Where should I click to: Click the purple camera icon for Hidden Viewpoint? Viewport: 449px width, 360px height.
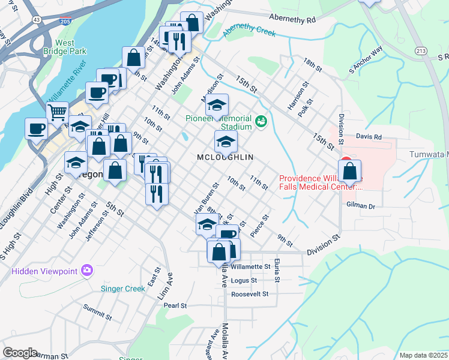point(87,271)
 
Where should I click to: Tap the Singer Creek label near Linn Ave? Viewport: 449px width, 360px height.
point(122,289)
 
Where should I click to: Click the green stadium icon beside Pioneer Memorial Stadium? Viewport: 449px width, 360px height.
point(261,122)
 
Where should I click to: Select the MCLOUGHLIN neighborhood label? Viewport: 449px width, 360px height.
point(225,157)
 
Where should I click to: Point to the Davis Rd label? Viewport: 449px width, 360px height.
point(369,137)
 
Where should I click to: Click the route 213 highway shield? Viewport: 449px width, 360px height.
point(421,52)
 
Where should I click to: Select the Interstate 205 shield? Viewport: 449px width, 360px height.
point(64,20)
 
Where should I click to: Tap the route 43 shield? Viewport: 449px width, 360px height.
point(37,20)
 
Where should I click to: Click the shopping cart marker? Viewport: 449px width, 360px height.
point(57,112)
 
